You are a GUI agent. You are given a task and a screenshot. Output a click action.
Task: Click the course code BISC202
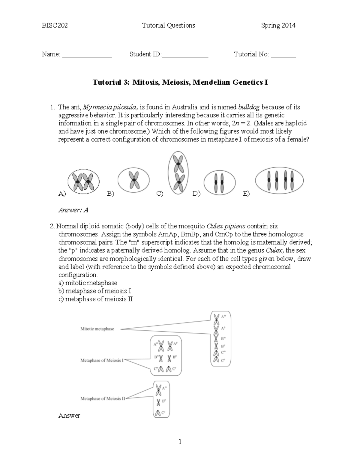click(55, 26)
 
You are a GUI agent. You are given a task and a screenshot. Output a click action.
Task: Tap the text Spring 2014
click(278, 26)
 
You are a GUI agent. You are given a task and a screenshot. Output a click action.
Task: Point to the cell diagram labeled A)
click(83, 181)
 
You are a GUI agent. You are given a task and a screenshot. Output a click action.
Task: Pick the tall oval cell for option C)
click(178, 173)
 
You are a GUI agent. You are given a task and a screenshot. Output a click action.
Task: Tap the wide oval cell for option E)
click(279, 180)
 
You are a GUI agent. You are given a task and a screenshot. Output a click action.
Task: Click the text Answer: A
click(73, 210)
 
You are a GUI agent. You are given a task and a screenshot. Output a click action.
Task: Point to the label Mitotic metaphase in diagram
click(97, 329)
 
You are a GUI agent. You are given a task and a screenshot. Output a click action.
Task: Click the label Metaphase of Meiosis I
click(102, 360)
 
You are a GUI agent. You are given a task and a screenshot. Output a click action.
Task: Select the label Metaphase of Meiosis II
click(103, 399)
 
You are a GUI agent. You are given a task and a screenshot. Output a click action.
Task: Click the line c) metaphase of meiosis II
click(95, 299)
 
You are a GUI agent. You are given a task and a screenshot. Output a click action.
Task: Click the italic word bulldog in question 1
click(249, 107)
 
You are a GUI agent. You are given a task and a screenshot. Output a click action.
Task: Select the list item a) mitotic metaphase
click(88, 283)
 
